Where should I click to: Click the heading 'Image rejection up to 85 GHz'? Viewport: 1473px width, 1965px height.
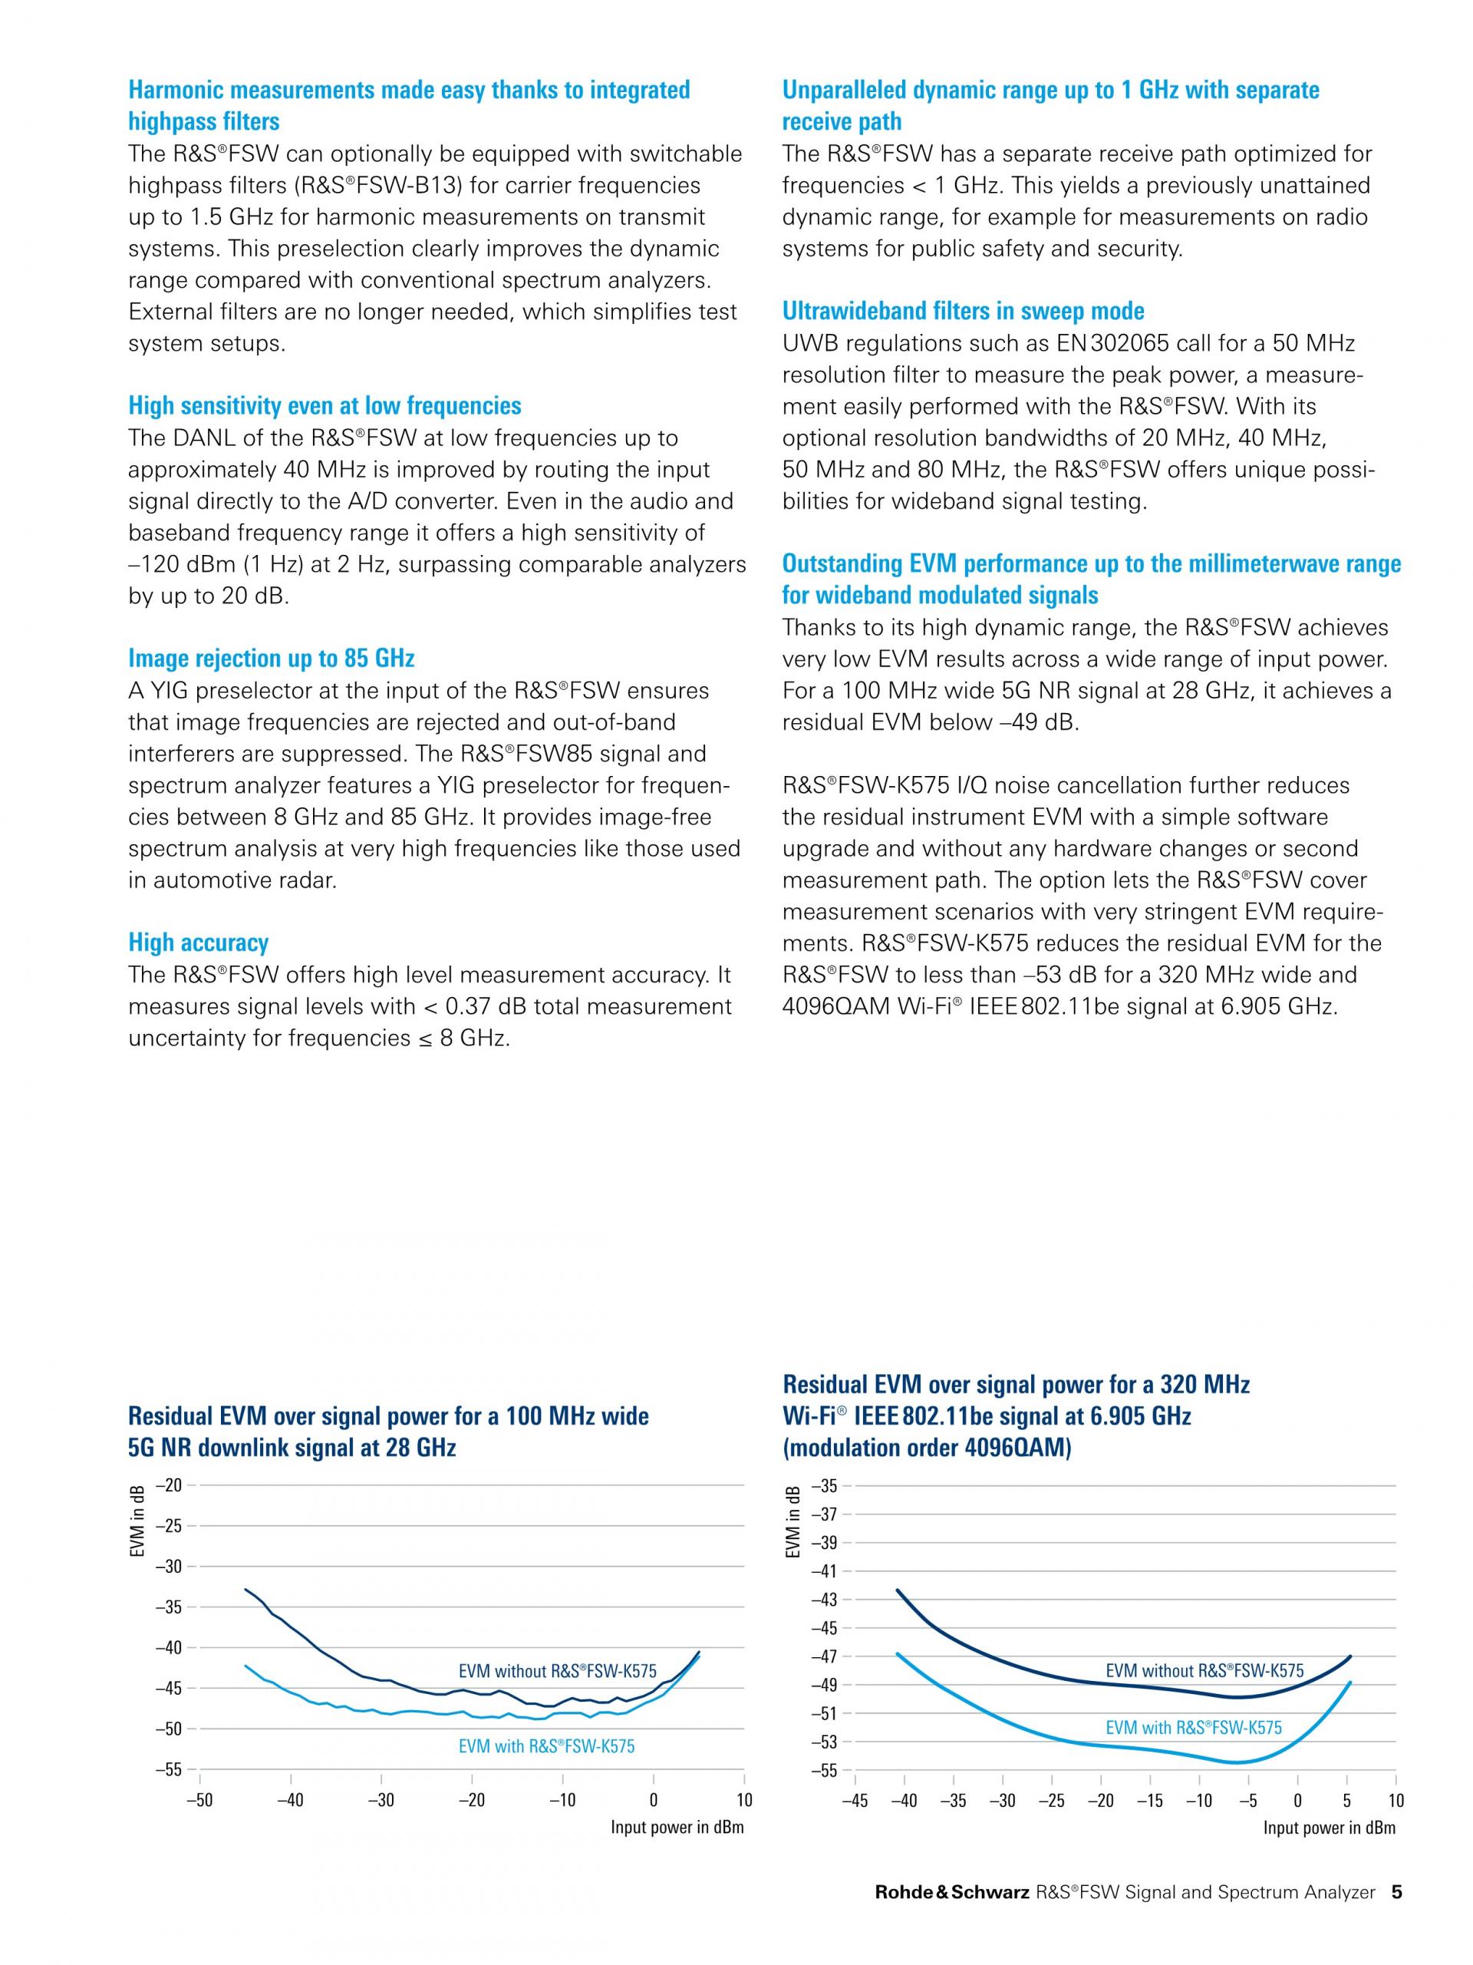271,659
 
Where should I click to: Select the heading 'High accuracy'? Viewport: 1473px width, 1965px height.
198,943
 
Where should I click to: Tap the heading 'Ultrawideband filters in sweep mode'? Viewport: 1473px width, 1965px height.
963,311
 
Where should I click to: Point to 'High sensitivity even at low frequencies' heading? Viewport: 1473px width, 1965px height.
325,406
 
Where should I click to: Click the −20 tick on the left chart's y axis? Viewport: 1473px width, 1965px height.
169,1484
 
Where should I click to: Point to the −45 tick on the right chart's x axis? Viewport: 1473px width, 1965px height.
855,1801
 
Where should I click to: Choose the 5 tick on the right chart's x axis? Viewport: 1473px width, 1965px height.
1347,1801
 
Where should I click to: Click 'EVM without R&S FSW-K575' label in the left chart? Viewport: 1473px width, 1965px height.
558,1671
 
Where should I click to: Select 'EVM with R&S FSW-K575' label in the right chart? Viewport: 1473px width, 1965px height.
1193,1728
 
